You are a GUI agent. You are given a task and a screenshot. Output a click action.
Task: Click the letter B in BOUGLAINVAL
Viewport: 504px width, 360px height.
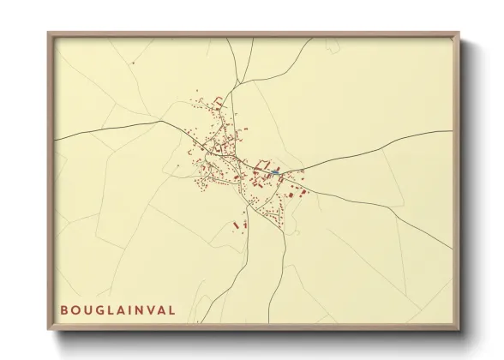tap(64, 309)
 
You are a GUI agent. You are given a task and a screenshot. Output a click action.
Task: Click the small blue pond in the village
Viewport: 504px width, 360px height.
tap(274, 174)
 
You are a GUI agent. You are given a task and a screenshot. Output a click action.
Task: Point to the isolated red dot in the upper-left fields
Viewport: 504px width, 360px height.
tap(134, 63)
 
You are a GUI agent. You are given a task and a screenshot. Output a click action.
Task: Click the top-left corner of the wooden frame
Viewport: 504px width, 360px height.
tap(48, 33)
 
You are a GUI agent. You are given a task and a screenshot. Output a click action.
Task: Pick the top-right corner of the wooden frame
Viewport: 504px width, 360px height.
tap(459, 33)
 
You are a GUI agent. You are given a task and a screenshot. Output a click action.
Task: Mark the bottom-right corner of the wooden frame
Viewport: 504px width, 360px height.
tap(459, 330)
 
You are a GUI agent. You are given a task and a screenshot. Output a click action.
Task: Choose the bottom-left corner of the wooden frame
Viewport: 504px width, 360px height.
tap(48, 330)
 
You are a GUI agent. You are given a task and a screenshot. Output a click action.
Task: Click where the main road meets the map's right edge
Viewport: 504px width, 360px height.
tap(452, 131)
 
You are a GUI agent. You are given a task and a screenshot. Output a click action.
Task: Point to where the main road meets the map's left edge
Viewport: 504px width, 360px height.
tap(56, 138)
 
